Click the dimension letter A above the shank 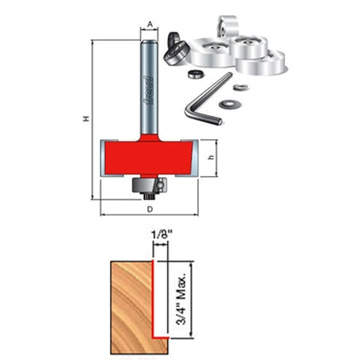[150, 24]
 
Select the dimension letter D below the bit [149, 208]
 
